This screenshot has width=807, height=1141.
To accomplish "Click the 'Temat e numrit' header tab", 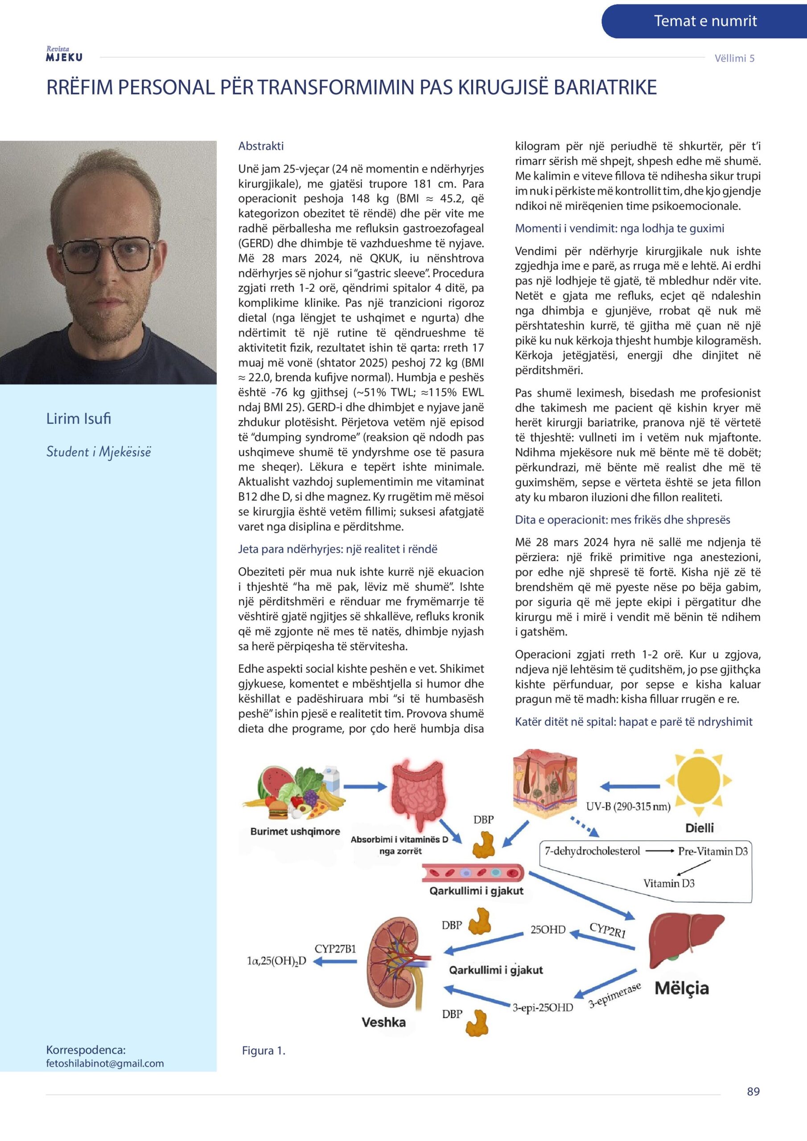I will point(704,21).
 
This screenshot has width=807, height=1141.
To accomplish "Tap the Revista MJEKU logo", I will point(64,54).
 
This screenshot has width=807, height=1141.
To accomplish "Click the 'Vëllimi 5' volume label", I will point(734,58).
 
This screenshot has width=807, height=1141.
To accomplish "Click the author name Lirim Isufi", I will point(78,419).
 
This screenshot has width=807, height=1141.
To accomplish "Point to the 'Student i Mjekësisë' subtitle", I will point(99,452).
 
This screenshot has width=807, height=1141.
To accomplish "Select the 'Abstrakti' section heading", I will point(261,146).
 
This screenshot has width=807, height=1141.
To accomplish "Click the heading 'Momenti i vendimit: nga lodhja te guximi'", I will point(619,228).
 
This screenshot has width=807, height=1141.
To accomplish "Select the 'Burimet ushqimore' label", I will point(295,831).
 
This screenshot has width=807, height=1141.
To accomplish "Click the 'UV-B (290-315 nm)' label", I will point(628,806).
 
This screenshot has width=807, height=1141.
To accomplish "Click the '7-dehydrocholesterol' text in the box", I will point(592,851).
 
